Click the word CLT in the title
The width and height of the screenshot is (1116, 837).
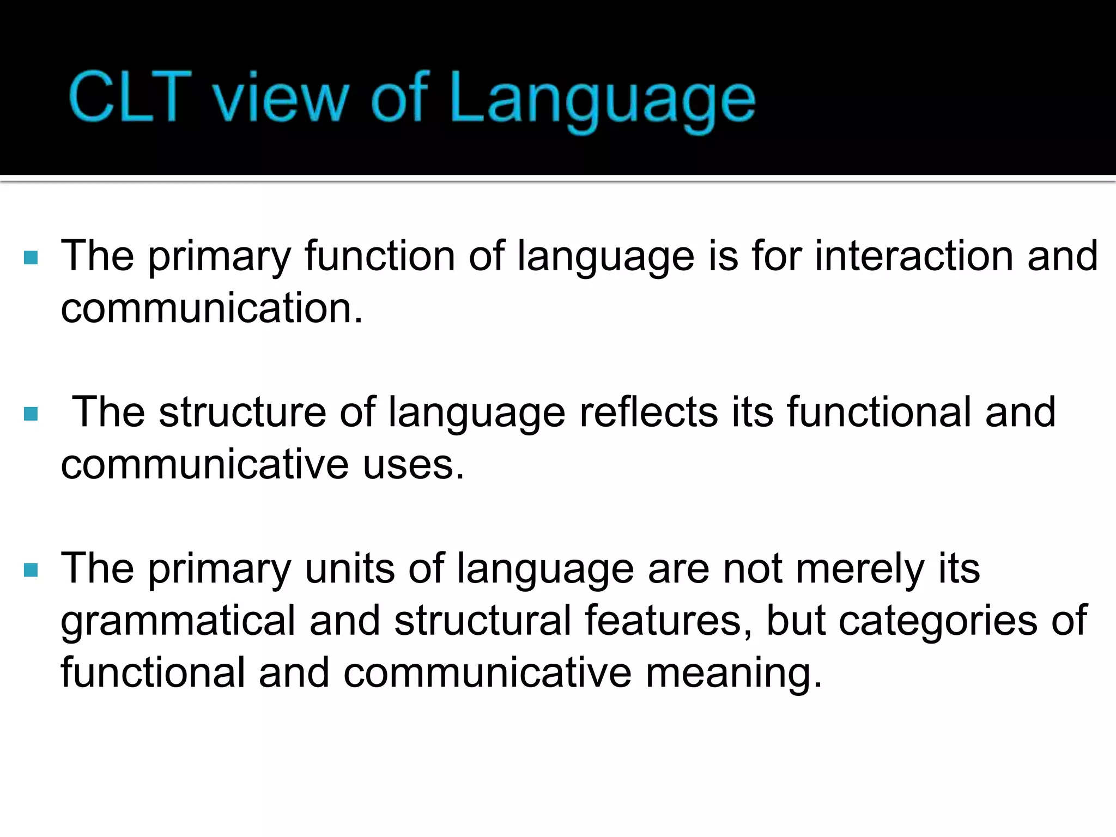point(131,97)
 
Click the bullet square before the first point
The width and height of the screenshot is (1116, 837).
point(31,257)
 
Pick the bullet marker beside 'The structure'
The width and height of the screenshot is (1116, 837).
point(31,414)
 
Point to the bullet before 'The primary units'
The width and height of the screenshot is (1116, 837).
point(31,571)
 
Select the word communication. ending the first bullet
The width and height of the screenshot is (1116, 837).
point(211,308)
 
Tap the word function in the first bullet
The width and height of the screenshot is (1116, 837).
point(379,256)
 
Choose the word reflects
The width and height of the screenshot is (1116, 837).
point(648,413)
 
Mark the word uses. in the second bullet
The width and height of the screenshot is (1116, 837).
point(413,465)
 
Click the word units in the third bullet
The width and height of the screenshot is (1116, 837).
point(350,569)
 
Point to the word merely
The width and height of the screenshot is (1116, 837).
point(860,569)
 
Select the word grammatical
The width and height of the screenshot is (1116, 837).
point(178,621)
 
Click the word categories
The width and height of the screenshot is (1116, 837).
point(938,621)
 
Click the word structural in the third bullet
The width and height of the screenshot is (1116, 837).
point(482,621)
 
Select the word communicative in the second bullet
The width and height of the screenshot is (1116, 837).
point(205,465)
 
